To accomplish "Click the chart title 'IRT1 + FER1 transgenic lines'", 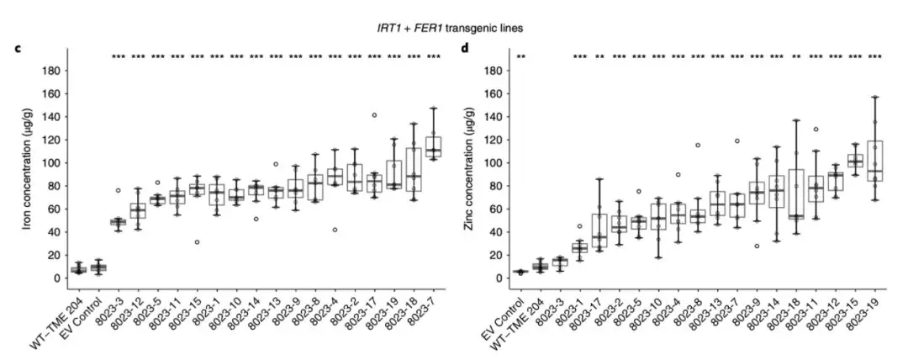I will pyautogui.click(x=454, y=28).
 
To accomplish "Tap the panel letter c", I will pyautogui.click(x=18, y=48).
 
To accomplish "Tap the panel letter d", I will pyautogui.click(x=464, y=48).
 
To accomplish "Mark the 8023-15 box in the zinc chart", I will pyautogui.click(x=854, y=161).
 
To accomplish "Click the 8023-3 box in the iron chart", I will pyautogui.click(x=118, y=222).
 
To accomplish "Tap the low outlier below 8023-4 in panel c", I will pyautogui.click(x=335, y=230).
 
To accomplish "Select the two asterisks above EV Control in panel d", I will pyautogui.click(x=521, y=57).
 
